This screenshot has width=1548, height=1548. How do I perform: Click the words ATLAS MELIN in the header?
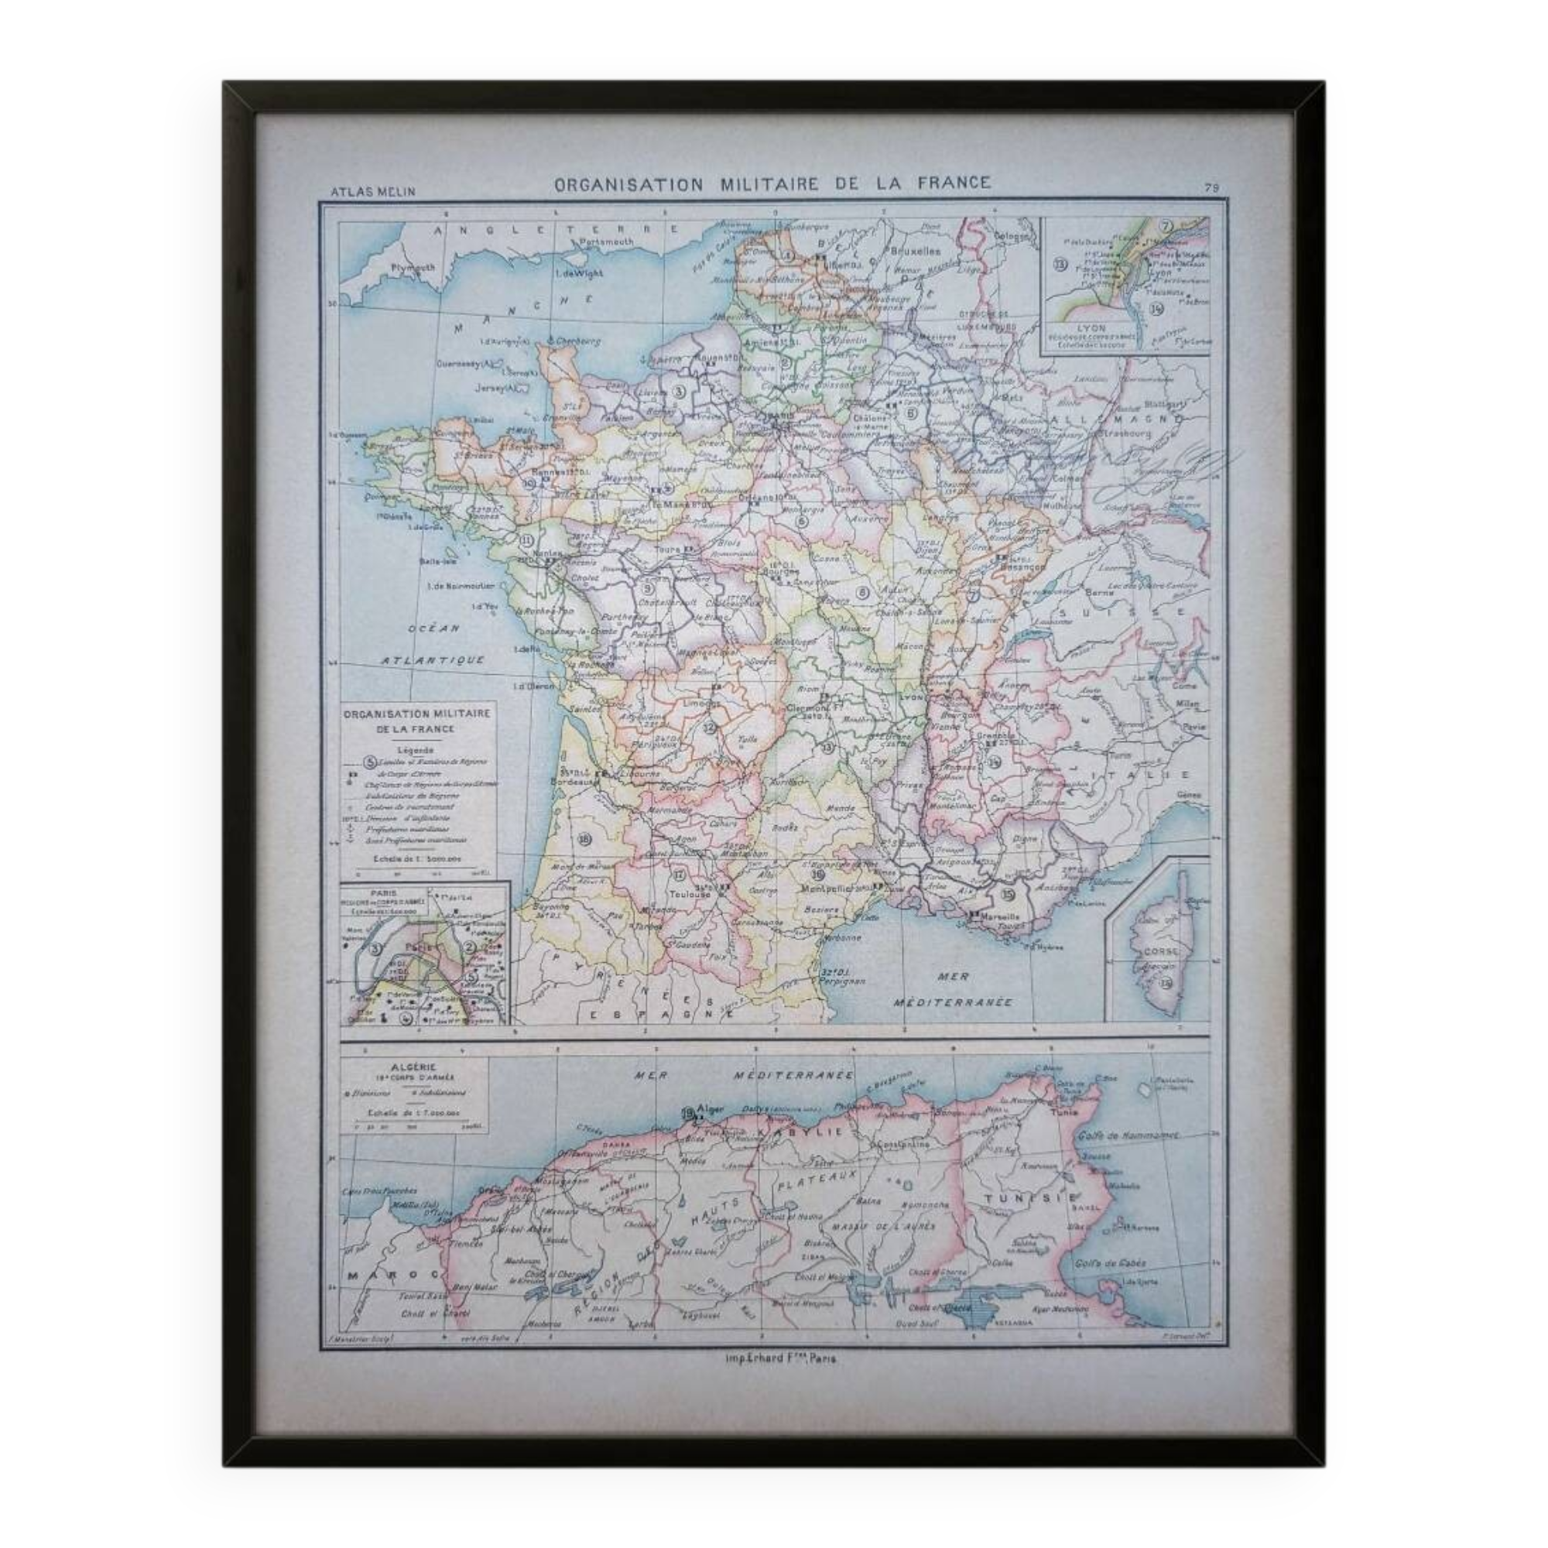[372, 191]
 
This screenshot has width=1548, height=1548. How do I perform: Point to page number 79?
[1211, 187]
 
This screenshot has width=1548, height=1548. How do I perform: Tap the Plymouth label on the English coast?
[413, 267]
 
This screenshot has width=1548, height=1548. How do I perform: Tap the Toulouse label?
[690, 894]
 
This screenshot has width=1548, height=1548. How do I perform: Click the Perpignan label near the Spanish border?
[842, 981]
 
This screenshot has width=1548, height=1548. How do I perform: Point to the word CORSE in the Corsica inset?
[1160, 950]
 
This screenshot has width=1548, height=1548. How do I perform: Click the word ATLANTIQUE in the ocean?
[433, 659]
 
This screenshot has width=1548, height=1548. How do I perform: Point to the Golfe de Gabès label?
[1112, 1262]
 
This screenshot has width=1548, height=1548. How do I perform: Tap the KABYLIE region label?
[811, 1132]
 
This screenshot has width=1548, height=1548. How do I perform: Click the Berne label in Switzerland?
[1094, 593]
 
